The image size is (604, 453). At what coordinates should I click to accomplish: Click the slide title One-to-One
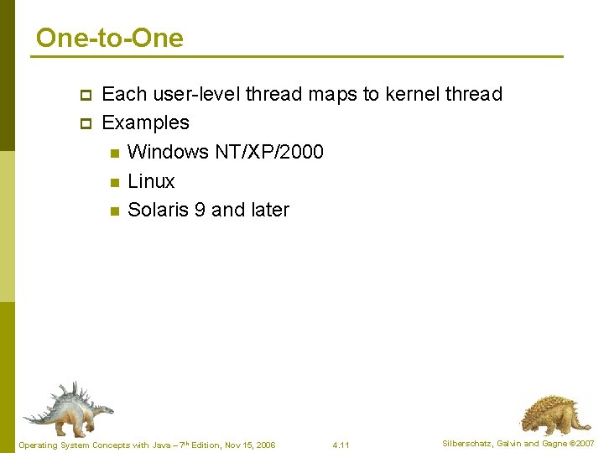(110, 38)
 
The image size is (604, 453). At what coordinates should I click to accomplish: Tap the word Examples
(145, 122)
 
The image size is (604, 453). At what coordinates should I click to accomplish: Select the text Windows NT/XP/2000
(225, 152)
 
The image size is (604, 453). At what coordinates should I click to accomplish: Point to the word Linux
(151, 181)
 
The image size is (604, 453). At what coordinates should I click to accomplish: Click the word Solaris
(158, 210)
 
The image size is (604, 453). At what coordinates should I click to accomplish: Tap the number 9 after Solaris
(200, 210)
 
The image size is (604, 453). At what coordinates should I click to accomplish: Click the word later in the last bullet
(269, 210)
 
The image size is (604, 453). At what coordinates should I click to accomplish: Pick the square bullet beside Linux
(114, 182)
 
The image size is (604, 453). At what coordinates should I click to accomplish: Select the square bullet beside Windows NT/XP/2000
(114, 153)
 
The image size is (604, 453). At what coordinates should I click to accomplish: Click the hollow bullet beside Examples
(85, 123)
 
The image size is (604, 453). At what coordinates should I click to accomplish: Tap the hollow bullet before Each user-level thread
(85, 94)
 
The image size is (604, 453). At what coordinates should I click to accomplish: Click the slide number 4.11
(341, 445)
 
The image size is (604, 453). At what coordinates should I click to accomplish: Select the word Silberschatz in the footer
(468, 443)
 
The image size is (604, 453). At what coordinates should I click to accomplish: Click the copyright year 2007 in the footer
(585, 443)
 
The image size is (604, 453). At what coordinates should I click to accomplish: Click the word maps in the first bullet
(333, 94)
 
